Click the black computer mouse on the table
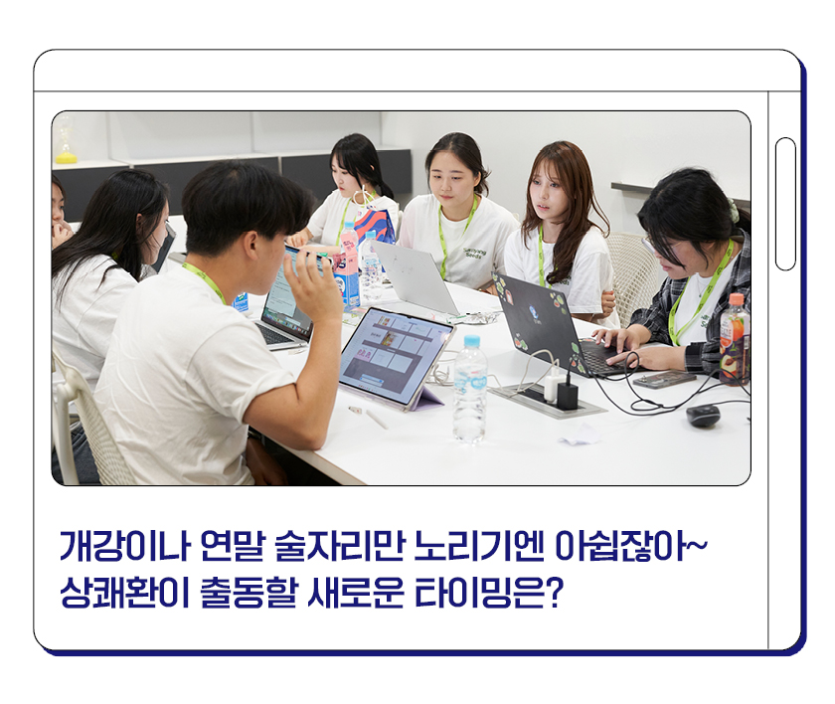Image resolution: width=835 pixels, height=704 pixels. (703, 416)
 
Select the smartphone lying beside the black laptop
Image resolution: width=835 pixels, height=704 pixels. (664, 380)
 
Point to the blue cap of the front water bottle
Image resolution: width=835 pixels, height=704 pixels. (472, 342)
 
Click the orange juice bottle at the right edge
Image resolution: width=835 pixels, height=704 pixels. (735, 340)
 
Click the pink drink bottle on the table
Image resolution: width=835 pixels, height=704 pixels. (349, 266)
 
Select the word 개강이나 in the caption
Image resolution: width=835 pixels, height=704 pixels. (124, 546)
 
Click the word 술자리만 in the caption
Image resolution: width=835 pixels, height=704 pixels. (339, 546)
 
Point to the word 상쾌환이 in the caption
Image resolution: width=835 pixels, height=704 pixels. (124, 592)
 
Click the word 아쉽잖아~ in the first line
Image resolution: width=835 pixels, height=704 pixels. (630, 546)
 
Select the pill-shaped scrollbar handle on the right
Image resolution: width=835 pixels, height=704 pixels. (785, 204)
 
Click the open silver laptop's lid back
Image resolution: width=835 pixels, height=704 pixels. (415, 276)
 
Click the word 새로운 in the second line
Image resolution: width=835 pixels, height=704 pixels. (355, 592)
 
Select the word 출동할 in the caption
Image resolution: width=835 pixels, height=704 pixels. (248, 592)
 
